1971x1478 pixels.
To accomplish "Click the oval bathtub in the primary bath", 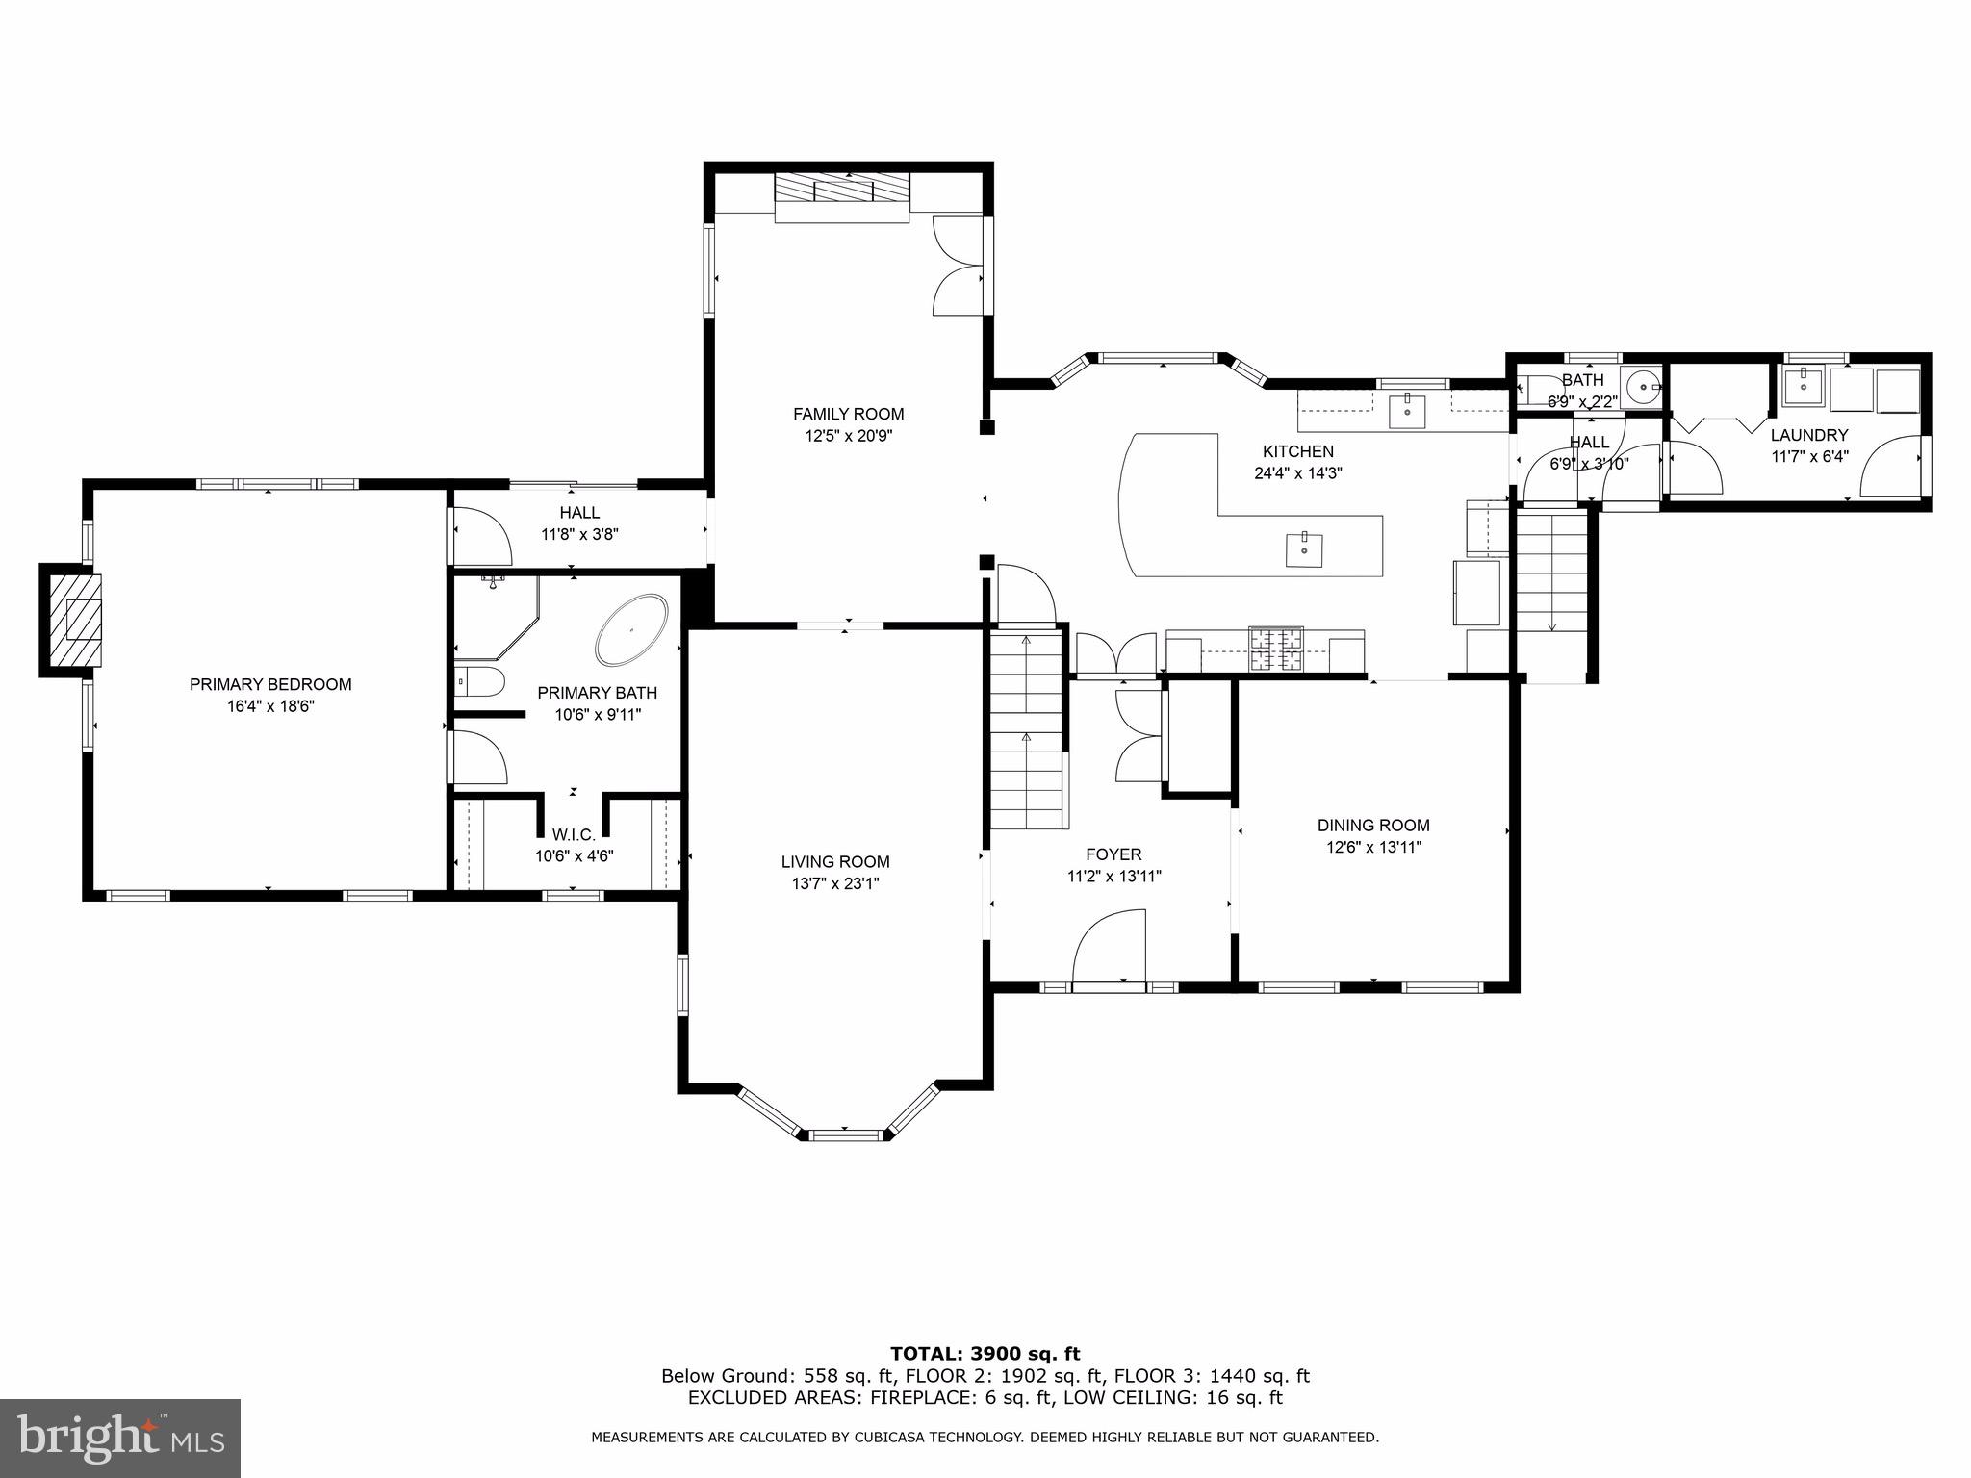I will (x=631, y=630).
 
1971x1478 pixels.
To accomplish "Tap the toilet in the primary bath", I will (x=480, y=681).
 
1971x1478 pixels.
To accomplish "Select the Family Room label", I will (x=848, y=414).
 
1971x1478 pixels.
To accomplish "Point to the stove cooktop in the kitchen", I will (x=1275, y=650).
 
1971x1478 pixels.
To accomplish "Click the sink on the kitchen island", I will (x=1304, y=550).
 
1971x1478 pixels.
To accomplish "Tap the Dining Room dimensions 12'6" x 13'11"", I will (x=1373, y=847).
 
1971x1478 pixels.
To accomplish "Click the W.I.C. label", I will (x=574, y=834).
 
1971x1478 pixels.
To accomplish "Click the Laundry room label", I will (x=1809, y=435).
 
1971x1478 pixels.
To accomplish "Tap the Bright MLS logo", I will (x=119, y=1439).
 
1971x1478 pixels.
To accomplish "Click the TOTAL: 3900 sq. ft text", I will (x=985, y=1354).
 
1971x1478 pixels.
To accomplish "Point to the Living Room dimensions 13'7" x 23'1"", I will (x=835, y=883).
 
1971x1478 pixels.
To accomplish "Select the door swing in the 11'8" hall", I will (x=481, y=537).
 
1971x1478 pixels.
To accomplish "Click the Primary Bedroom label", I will (x=270, y=684).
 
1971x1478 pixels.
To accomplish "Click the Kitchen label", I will (x=1297, y=451).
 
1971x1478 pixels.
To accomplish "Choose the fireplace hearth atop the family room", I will (x=843, y=197).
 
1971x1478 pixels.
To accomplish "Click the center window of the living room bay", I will (x=846, y=1135).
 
